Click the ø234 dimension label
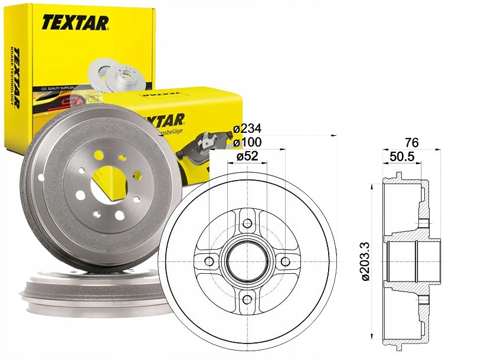247,129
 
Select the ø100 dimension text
247,142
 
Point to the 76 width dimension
412,142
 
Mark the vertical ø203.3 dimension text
366,259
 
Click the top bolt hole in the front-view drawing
247,223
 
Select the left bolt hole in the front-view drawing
209,261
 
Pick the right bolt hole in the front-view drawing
285,261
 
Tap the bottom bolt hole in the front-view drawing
247,299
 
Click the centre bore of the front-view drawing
247,261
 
